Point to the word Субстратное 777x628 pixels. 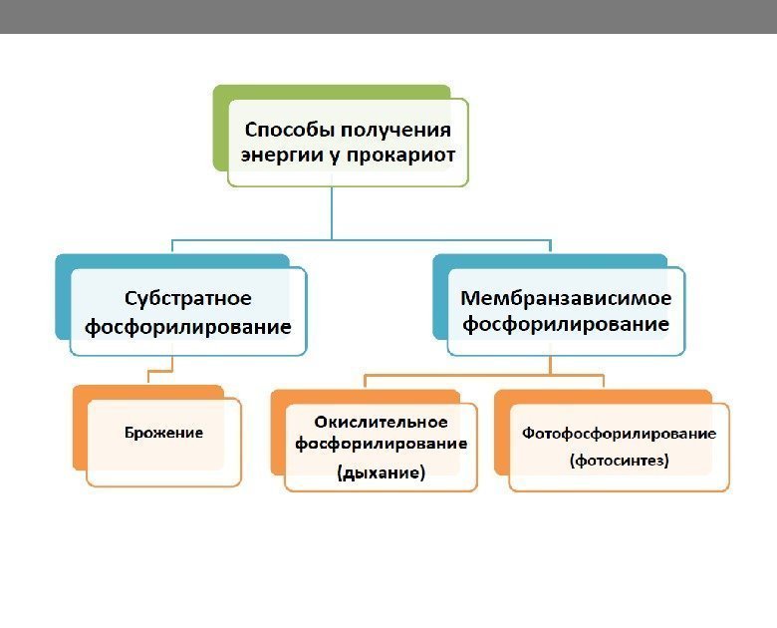coord(188,299)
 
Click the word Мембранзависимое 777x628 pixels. coord(566,298)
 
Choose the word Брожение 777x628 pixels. coord(163,433)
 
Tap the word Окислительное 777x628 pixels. coord(382,423)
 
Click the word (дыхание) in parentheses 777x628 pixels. coord(382,473)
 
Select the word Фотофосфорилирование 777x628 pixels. coord(620,435)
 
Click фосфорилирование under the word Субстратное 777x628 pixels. coord(188,326)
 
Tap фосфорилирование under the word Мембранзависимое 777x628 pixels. coord(566,325)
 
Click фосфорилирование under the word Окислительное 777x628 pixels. coord(382,445)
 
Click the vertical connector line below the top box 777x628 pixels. coord(332,213)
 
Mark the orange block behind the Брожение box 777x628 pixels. coord(80,429)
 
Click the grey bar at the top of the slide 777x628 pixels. coord(388,16)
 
